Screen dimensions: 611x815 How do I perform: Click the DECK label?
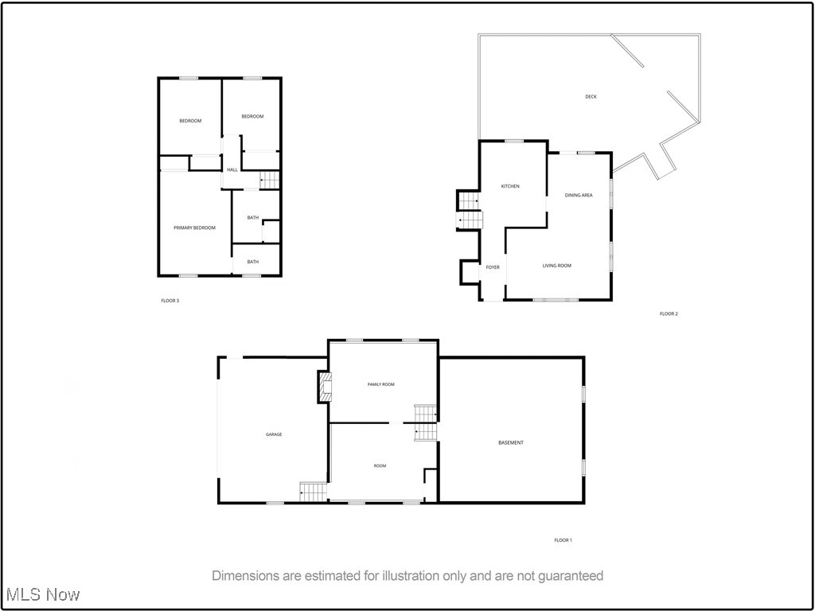coord(591,97)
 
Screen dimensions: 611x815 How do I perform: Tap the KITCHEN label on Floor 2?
coord(510,186)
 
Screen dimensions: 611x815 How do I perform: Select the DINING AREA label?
coord(579,195)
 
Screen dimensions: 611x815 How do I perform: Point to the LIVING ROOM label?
coord(557,266)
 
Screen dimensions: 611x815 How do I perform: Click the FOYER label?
coord(493,267)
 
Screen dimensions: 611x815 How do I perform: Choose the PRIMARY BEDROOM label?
coord(195,228)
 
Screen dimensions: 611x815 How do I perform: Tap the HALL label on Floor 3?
coord(232,169)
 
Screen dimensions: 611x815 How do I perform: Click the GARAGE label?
coord(274,434)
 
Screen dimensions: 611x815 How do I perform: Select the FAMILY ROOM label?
coord(380,384)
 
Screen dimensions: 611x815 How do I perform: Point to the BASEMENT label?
coord(511,442)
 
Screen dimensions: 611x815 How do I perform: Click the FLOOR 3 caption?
coord(170,301)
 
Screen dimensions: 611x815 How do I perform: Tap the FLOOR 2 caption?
coord(669,313)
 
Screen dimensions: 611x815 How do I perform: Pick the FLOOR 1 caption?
coord(563,540)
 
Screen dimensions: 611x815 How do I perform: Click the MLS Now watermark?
coord(43,594)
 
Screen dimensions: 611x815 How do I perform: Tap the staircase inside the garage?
coord(314,492)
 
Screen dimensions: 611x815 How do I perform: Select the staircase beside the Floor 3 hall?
coord(271,181)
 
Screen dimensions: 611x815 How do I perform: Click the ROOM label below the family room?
coord(380,465)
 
